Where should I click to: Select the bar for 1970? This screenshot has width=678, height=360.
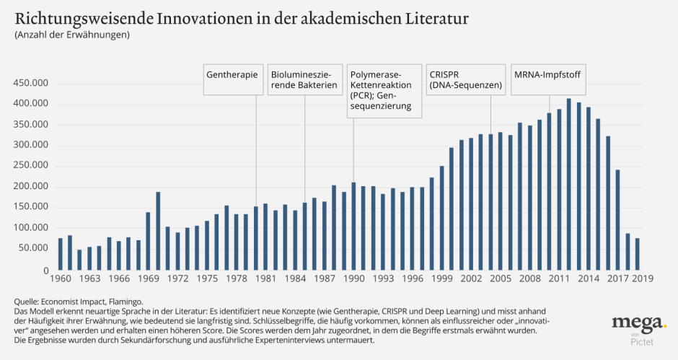[158, 231]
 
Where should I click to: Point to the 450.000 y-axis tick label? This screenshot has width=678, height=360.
[30, 84]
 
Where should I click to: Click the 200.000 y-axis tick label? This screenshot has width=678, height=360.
[30, 187]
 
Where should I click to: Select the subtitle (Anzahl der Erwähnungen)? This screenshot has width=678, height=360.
[71, 35]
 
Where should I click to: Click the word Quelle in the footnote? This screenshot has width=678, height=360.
[27, 302]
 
